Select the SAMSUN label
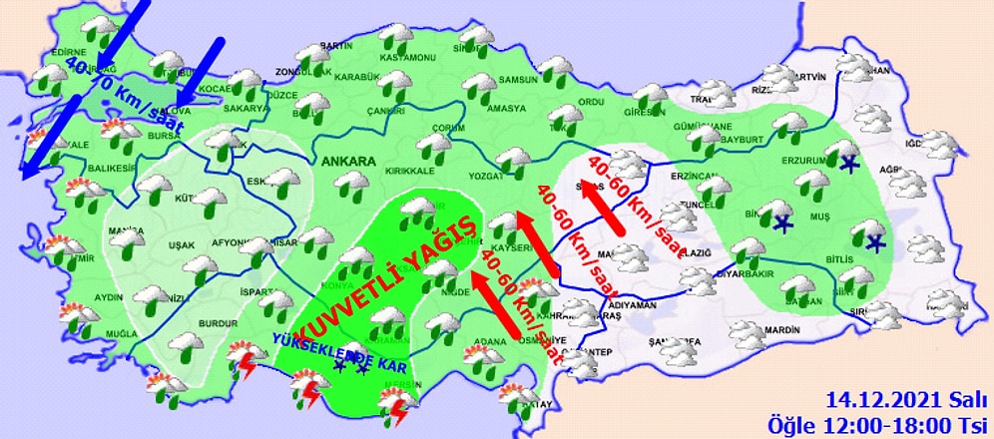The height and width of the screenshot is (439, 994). (517, 80)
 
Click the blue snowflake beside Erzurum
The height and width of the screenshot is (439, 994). (849, 164)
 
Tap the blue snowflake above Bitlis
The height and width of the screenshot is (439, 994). (876, 243)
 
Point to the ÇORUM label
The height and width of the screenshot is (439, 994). (450, 130)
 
